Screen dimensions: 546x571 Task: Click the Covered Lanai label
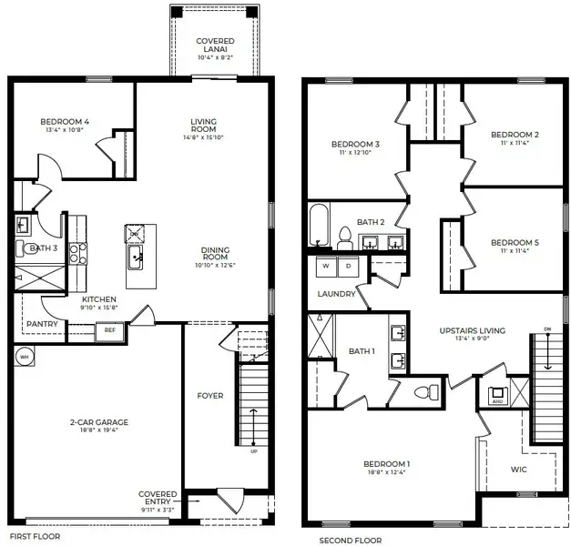coord(215,46)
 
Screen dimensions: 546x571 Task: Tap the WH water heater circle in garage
coord(25,357)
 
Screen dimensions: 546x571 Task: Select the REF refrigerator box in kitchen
coord(109,330)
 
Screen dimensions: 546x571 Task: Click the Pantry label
coord(42,324)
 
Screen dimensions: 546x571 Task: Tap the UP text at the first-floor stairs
coord(253,450)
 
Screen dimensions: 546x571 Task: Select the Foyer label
coord(210,396)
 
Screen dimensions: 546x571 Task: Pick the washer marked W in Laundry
coord(326,268)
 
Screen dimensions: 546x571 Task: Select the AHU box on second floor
coord(497,398)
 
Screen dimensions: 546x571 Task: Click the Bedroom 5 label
coord(515,242)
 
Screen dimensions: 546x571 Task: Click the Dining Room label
coord(215,252)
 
